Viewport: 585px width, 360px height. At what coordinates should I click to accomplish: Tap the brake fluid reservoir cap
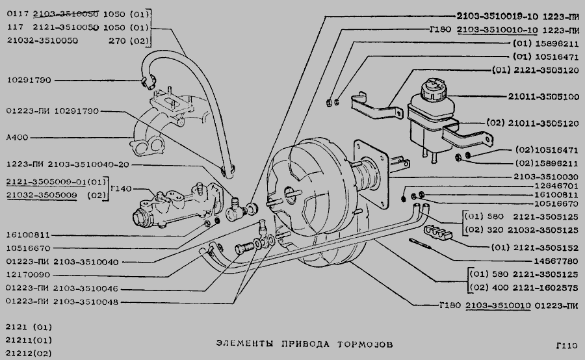pos(432,88)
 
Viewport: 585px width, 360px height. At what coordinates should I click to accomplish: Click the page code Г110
pos(567,346)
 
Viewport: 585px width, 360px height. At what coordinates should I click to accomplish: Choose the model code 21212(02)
pos(27,353)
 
